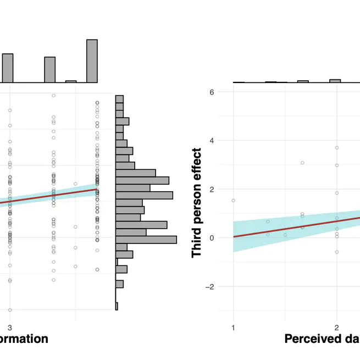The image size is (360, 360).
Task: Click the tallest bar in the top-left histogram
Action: (92, 61)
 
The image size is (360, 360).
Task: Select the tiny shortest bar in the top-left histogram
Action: (71, 81)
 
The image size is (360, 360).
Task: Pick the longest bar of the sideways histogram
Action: (146, 240)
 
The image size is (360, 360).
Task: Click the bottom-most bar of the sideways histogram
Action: (117, 306)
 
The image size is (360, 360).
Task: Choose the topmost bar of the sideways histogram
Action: (119, 99)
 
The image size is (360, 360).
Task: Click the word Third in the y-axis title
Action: (197, 242)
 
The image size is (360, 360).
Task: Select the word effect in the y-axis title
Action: (197, 164)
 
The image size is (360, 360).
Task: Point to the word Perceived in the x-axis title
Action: (309, 339)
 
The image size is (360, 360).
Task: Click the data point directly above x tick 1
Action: (233, 201)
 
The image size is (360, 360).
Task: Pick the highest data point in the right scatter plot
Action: (336, 148)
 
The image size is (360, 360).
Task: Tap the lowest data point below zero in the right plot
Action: (336, 252)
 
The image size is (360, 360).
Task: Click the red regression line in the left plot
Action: (55, 196)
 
